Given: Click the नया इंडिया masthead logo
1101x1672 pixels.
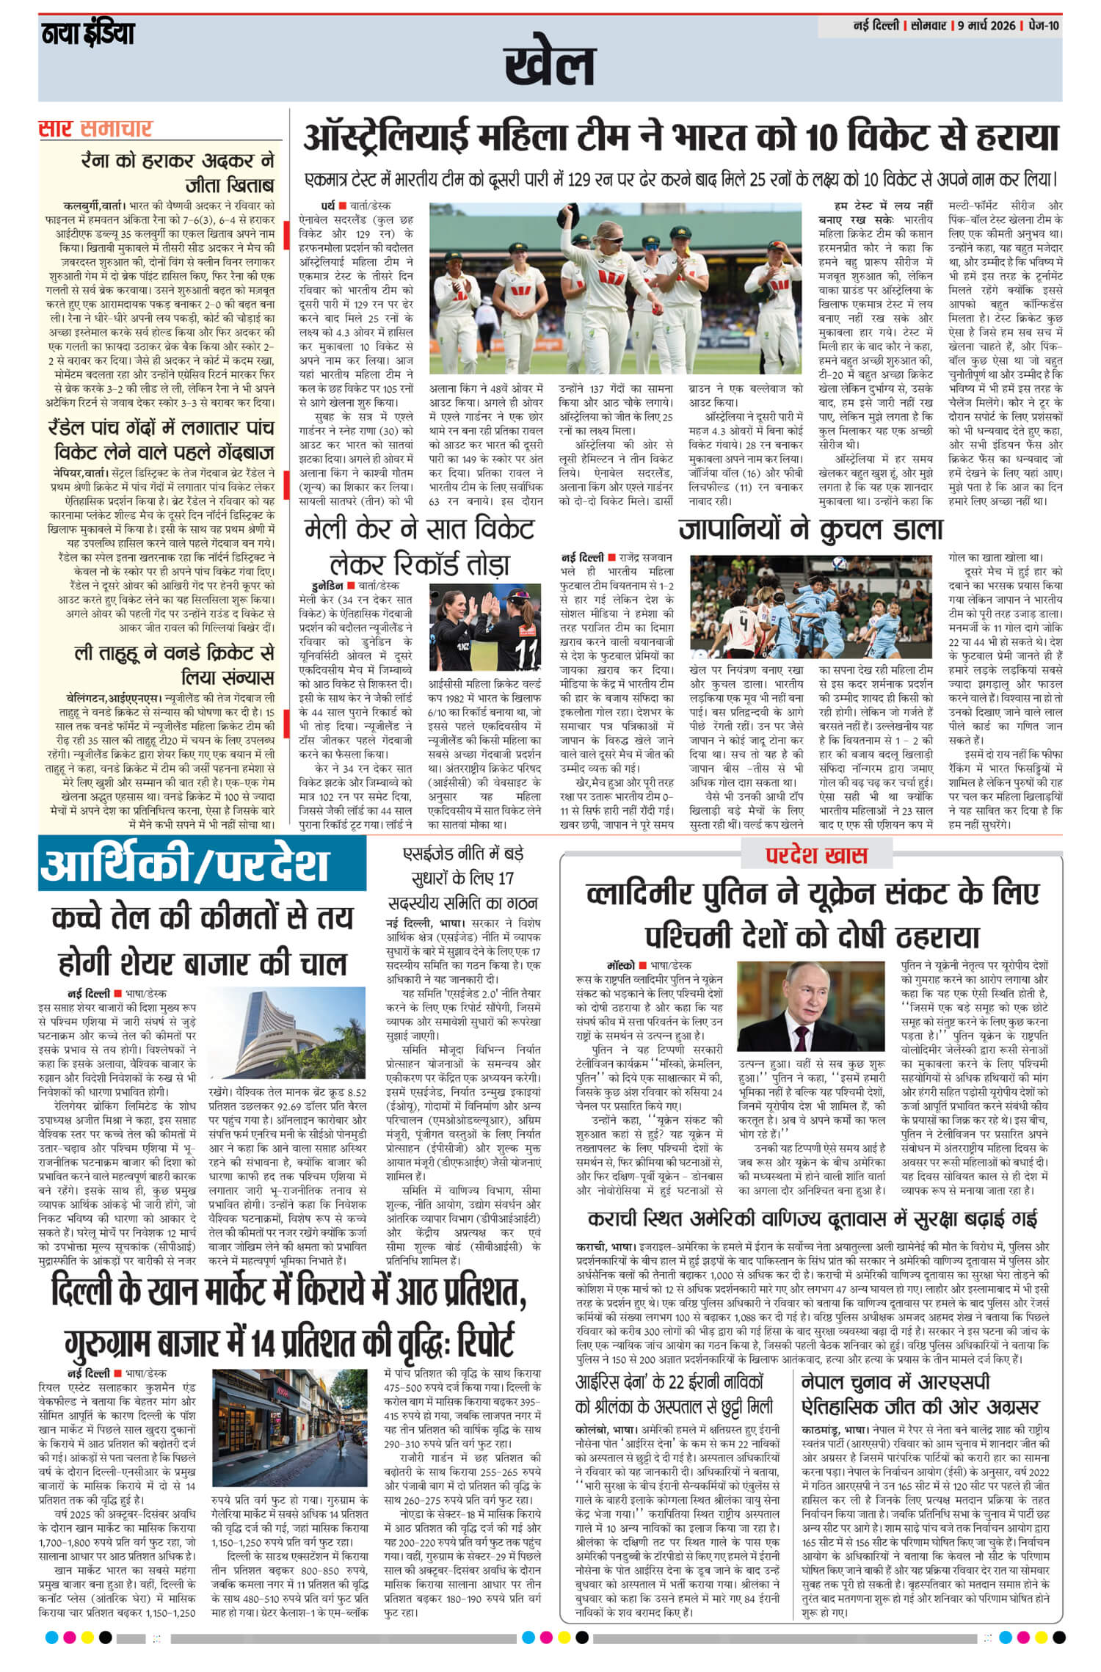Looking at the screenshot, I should coord(87,34).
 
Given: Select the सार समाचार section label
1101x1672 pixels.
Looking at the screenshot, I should coord(95,129).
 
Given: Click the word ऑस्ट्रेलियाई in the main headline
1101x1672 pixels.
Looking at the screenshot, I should coord(386,138).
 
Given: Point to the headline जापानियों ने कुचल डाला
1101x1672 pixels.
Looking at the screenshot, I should coord(810,529).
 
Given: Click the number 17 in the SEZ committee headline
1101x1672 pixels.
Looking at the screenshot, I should coord(506,878).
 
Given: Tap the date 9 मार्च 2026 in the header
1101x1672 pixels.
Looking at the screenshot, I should coord(986,26).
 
